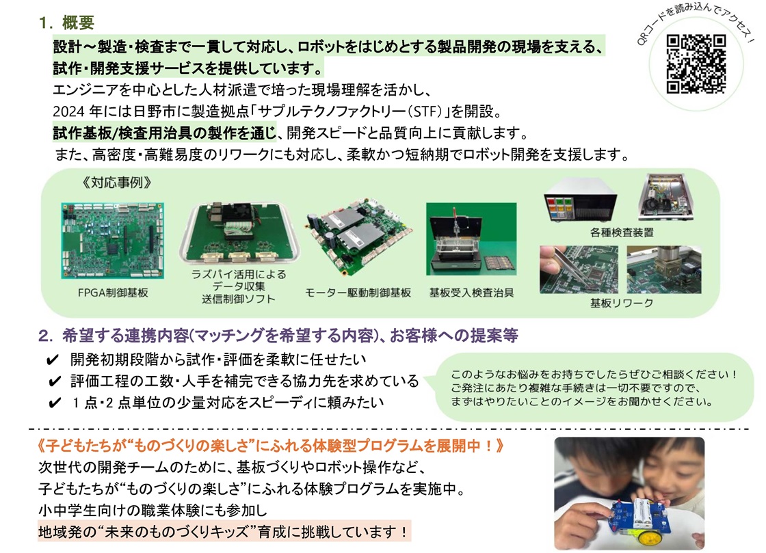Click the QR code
[x=696, y=64]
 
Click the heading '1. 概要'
[x=66, y=23]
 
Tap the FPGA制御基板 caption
[x=113, y=293]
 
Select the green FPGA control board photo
[x=113, y=241]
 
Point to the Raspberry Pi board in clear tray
[x=239, y=233]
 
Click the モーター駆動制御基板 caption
[x=358, y=293]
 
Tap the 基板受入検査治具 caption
[x=471, y=293]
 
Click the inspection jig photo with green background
[x=471, y=239]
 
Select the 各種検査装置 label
[x=622, y=232]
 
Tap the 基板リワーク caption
[x=622, y=303]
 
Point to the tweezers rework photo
[x=579, y=270]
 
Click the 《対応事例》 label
[x=117, y=183]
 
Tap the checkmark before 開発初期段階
[x=52, y=360]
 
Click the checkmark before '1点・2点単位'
[x=54, y=403]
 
